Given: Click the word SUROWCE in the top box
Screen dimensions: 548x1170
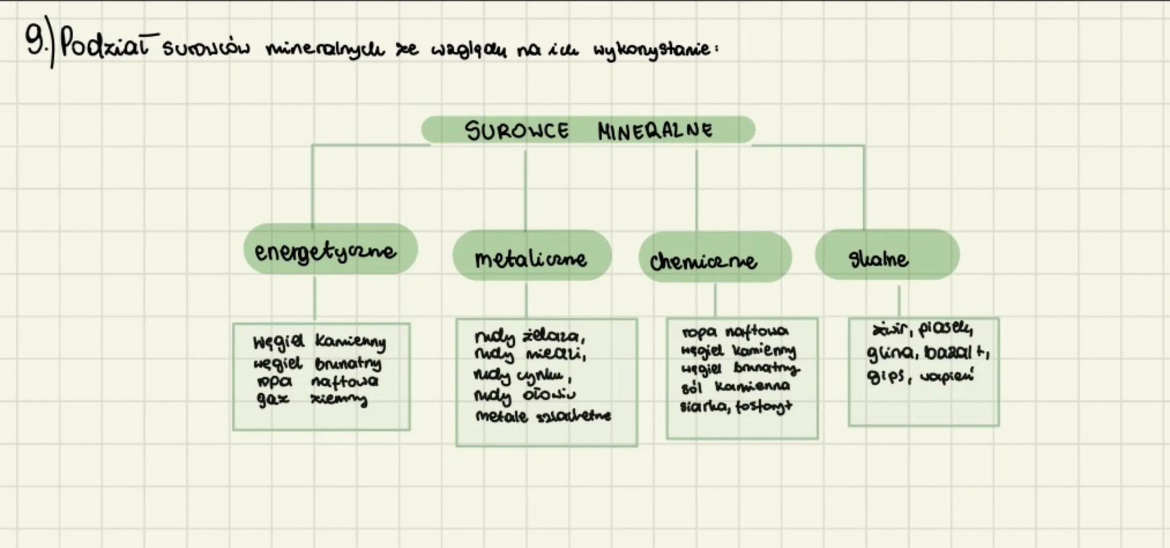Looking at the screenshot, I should tap(517, 131).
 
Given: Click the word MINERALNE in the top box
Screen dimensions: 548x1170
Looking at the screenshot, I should tap(655, 131).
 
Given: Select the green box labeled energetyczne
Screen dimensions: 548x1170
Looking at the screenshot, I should tap(330, 250).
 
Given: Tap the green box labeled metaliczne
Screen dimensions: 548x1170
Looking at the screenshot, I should tap(531, 257).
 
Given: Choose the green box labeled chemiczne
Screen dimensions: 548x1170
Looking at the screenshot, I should tap(714, 258).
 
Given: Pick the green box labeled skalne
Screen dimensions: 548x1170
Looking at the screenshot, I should tap(887, 255).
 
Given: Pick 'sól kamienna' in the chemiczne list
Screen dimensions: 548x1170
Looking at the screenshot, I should tap(735, 387).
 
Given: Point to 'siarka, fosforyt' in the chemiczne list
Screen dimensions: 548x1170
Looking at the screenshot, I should tap(736, 406).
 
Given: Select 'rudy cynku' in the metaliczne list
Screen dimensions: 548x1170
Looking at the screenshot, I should tap(522, 376).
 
